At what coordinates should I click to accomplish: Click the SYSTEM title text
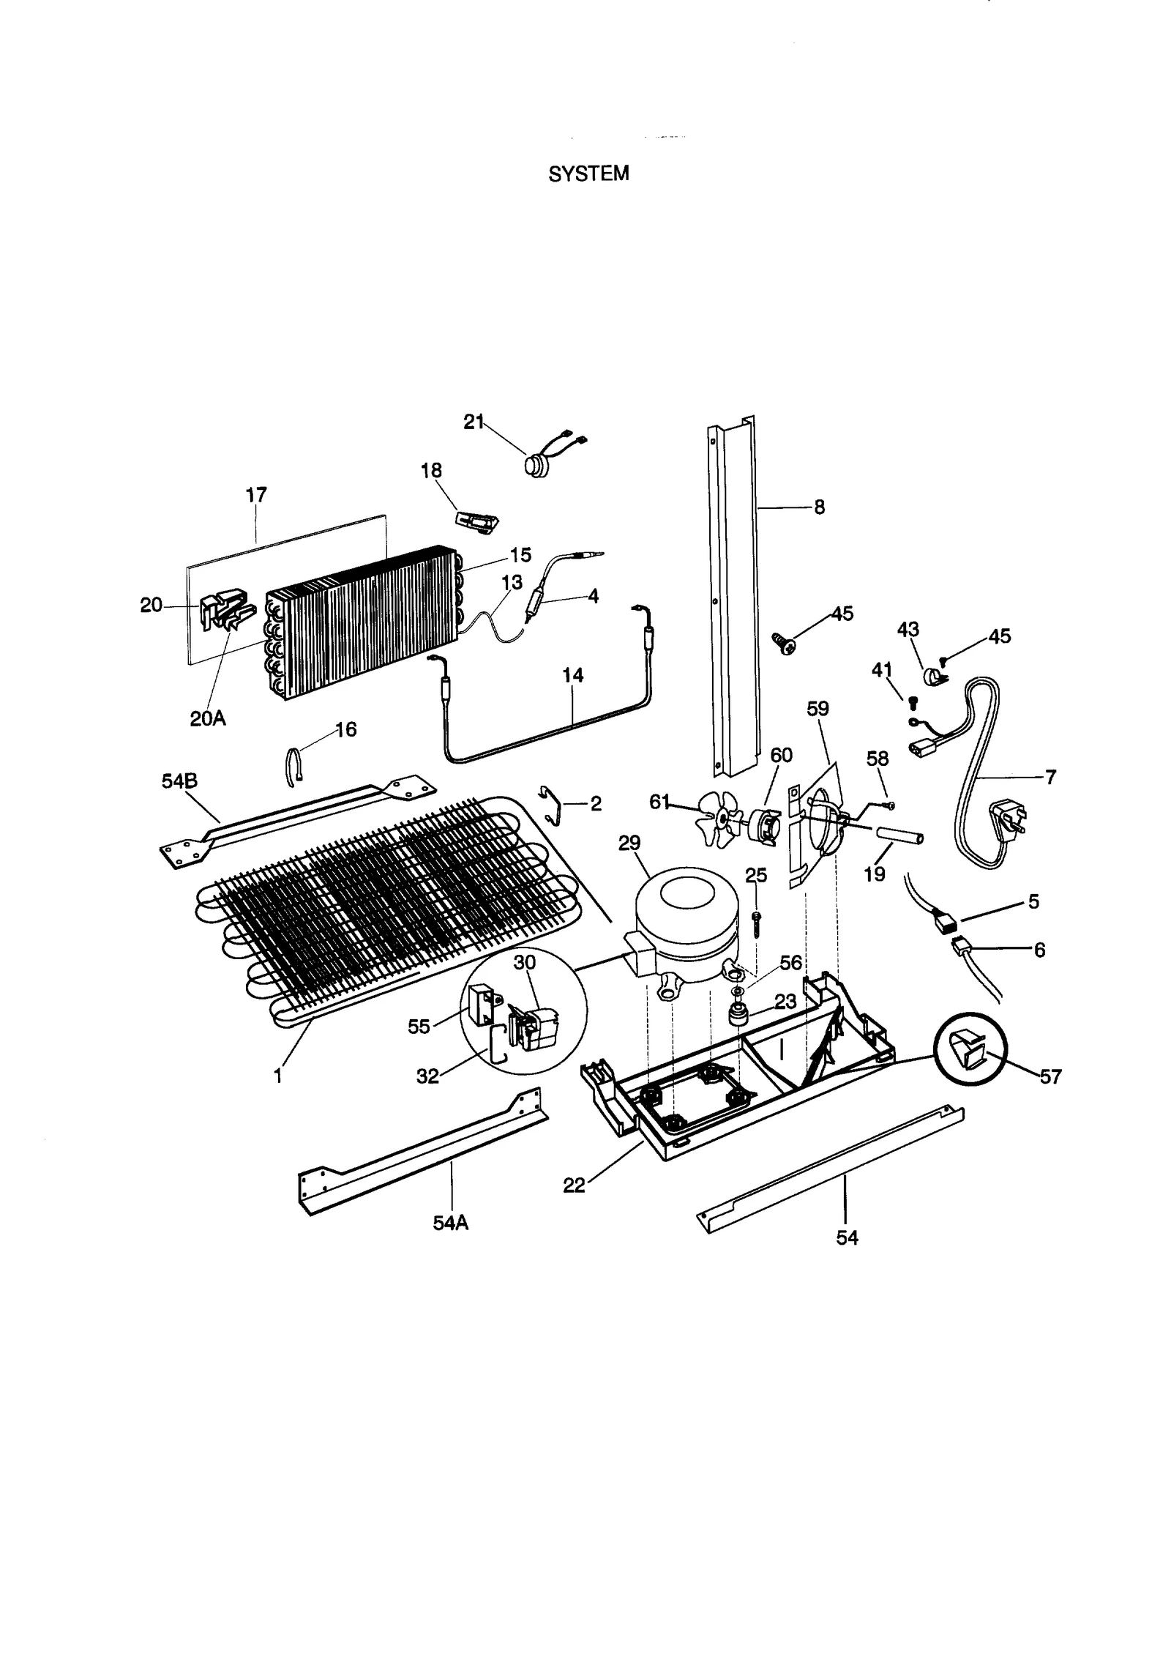[x=588, y=174]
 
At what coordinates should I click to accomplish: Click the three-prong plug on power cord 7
[x=1006, y=817]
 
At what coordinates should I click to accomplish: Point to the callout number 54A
[x=450, y=1223]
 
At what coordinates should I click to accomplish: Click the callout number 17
[x=256, y=495]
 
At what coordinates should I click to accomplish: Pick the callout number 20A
[x=208, y=718]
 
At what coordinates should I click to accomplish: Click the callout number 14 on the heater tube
[x=573, y=675]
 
